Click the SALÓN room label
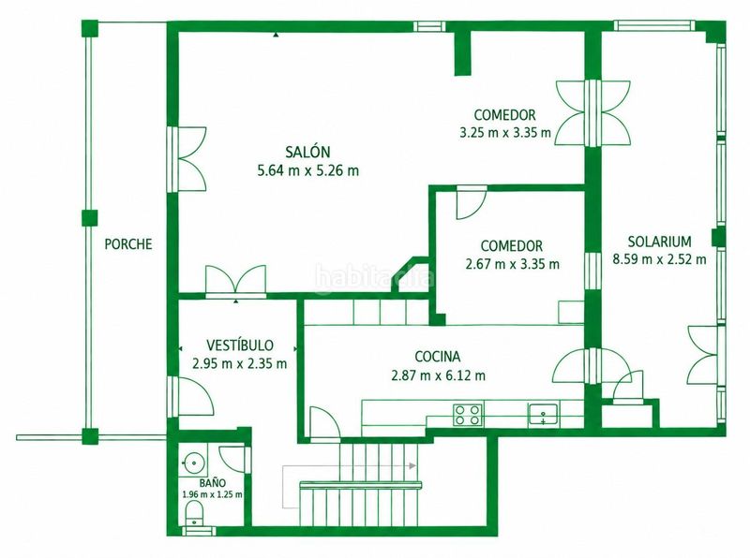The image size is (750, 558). coord(307,152)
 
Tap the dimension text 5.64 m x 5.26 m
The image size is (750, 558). coord(308,170)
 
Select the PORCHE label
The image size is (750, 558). coord(128,244)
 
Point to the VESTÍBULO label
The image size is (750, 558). coord(240,345)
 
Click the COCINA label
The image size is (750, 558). coord(438,357)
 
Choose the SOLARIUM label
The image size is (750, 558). coord(660,242)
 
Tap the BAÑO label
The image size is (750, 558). coord(213,483)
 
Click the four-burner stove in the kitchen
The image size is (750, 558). coord(467,414)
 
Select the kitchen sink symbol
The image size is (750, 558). coord(543,414)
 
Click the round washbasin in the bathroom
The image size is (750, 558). coord(193,462)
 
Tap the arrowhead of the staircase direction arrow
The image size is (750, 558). coord(413,464)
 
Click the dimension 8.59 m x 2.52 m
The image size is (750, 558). coord(660,259)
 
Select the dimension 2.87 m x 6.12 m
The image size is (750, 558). coord(438,375)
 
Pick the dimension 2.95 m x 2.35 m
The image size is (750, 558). coord(240,363)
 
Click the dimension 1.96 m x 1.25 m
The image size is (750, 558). coord(213,494)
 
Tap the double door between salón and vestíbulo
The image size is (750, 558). coord(235,281)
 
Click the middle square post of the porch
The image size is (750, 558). coord(89,217)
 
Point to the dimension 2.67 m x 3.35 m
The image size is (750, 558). coord(512,264)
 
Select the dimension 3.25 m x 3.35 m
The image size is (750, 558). coord(505,132)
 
